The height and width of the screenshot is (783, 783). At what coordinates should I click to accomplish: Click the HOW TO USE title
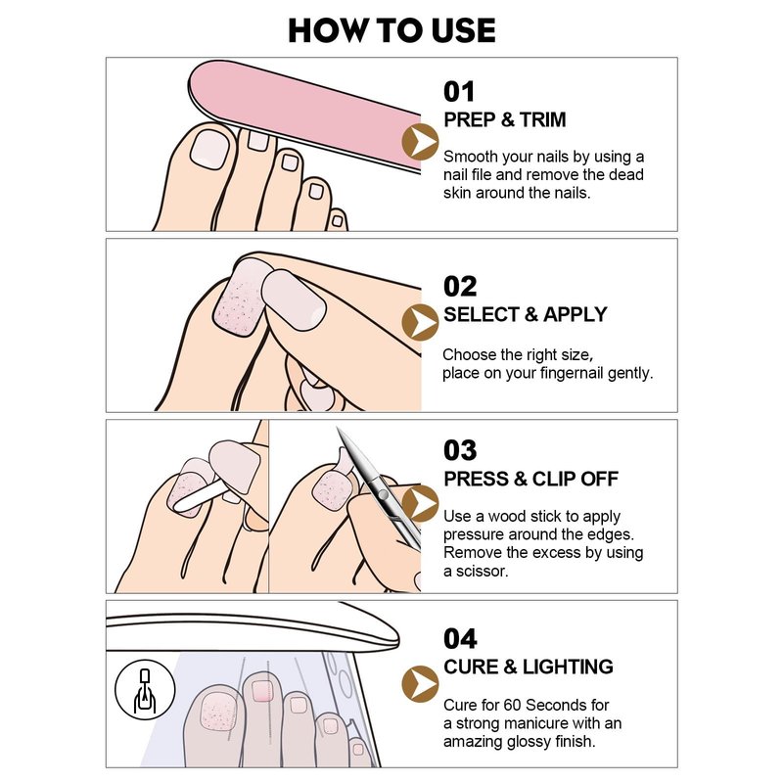click(391, 30)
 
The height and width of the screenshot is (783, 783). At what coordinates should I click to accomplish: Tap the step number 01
click(459, 92)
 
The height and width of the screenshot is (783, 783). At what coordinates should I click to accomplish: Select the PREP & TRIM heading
click(505, 119)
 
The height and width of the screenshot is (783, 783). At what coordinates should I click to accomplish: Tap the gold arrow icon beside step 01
click(420, 142)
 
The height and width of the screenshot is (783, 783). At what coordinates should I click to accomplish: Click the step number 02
click(460, 287)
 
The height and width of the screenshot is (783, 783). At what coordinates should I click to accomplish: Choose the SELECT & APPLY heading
click(526, 314)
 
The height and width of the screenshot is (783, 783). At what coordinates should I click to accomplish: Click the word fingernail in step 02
click(568, 374)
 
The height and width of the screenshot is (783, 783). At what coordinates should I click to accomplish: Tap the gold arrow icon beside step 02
click(420, 322)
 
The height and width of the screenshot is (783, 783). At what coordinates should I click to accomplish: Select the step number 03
click(460, 450)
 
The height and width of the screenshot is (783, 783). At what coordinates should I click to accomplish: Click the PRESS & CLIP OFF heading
click(530, 479)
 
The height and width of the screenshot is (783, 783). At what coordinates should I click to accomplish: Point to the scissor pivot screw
click(383, 495)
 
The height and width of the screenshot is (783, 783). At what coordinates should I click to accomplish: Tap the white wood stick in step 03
click(199, 498)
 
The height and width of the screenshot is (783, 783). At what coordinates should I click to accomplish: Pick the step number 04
click(460, 639)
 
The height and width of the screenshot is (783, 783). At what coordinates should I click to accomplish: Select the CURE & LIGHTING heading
click(529, 668)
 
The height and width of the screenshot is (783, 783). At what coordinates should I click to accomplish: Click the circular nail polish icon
click(145, 690)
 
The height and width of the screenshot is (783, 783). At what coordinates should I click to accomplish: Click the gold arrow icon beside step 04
click(420, 684)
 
